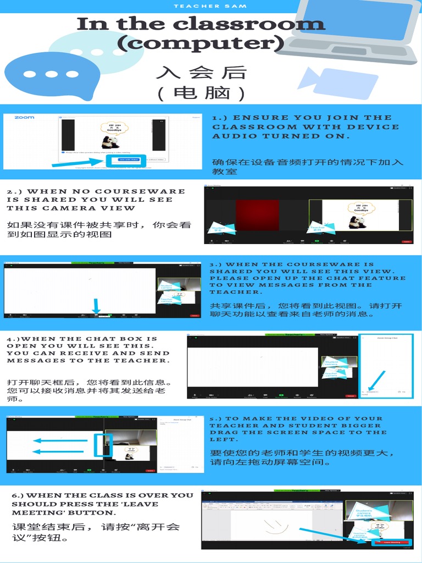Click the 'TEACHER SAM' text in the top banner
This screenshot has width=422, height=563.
point(210,6)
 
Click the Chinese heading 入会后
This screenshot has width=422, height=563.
point(201,73)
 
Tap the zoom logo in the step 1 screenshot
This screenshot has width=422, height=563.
point(24,118)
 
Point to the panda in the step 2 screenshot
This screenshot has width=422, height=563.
point(358,222)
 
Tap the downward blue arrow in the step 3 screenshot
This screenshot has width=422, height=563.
point(97,306)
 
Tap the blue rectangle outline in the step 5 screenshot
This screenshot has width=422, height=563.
point(103,445)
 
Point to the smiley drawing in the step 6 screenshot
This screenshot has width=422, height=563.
point(275,526)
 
